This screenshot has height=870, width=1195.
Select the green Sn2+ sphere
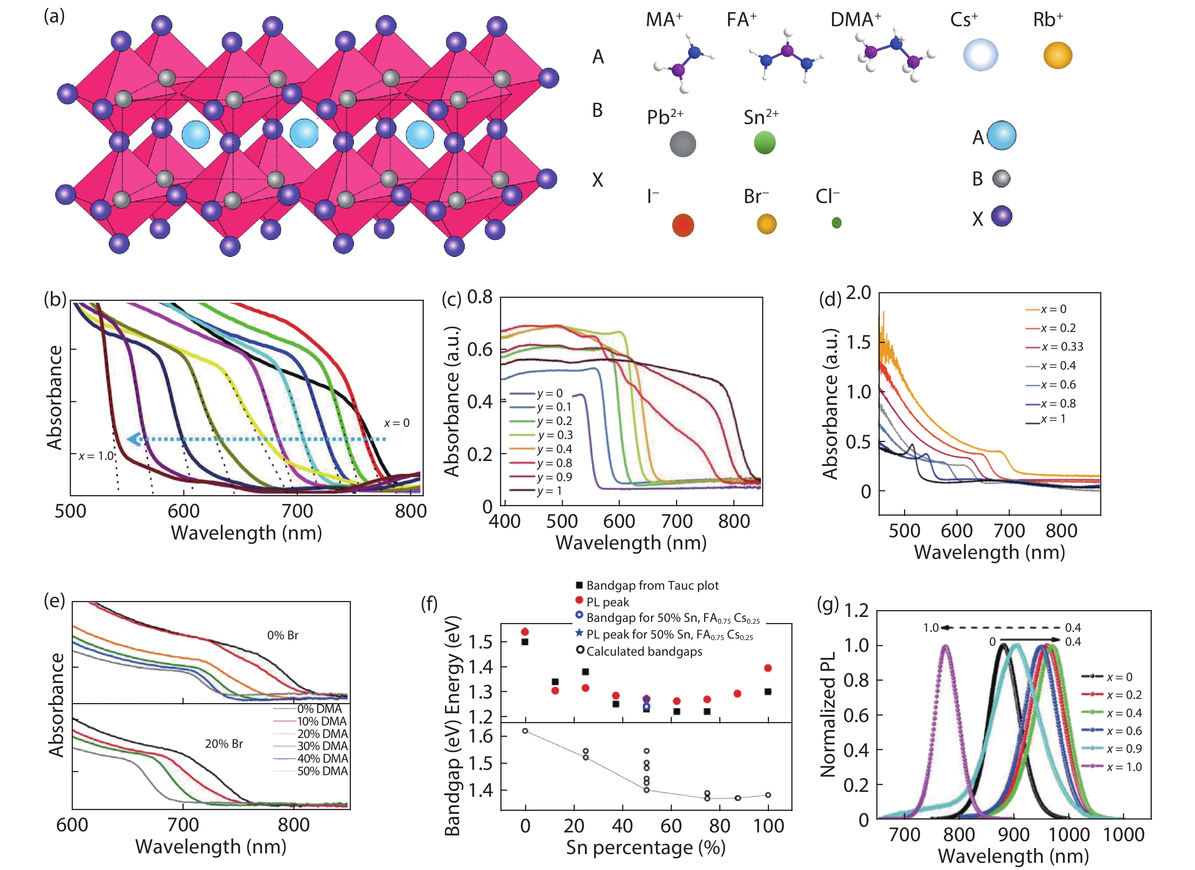coord(764,143)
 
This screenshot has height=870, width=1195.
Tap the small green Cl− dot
coord(836,223)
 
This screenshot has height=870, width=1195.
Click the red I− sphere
coord(683,225)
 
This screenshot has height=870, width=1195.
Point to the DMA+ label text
coord(855,20)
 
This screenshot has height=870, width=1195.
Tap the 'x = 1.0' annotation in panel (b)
coord(96,456)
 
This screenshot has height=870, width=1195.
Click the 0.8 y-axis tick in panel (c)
coord(480,297)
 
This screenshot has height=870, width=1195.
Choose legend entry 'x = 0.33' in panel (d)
coord(1062,347)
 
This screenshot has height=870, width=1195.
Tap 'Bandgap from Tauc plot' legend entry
coord(652,585)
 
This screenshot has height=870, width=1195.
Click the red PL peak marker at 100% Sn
coord(768,668)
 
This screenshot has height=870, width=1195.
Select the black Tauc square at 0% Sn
coord(525,642)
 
